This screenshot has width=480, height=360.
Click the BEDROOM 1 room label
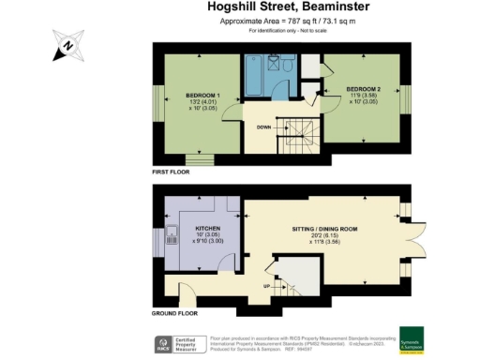pyautogui.click(x=202, y=96)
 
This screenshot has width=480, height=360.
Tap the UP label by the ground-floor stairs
pyautogui.click(x=267, y=286)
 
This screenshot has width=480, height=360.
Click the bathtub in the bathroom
pyautogui.click(x=254, y=80)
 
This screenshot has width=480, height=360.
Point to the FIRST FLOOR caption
pyautogui.click(x=172, y=173)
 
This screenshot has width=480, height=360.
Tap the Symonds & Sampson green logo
pyautogui.click(x=412, y=338)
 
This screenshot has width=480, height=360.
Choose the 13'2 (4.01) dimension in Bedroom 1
pyautogui.click(x=202, y=103)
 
